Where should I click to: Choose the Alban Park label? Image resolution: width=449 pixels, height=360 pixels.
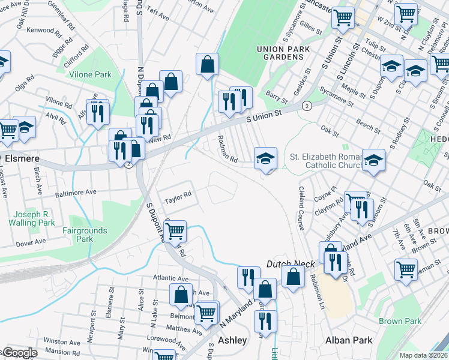pyautogui.click(x=349, y=340)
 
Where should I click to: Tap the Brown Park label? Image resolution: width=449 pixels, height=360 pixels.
pyautogui.click(x=400, y=321)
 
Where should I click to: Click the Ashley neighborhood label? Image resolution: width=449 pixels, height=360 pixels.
pyautogui.click(x=232, y=340)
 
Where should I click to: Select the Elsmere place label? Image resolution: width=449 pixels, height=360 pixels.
pyautogui.click(x=20, y=158)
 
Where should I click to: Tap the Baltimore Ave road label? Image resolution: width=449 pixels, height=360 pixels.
pyautogui.click(x=76, y=193)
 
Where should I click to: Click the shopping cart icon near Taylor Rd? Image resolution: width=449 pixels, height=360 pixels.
pyautogui.click(x=175, y=231)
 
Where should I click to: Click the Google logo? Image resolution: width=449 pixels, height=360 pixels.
pyautogui.click(x=20, y=353)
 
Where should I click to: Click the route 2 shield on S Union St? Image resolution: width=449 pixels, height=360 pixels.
pyautogui.click(x=307, y=106)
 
